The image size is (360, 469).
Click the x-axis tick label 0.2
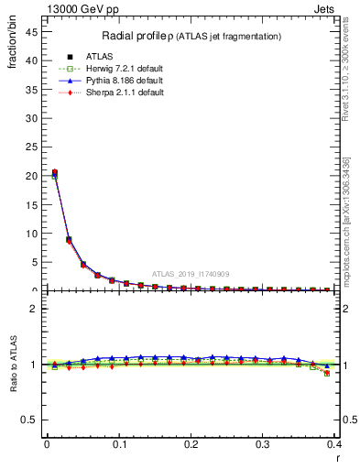191,444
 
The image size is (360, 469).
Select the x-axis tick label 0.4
334,444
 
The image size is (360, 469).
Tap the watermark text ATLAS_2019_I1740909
191,273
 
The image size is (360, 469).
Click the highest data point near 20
55,171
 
